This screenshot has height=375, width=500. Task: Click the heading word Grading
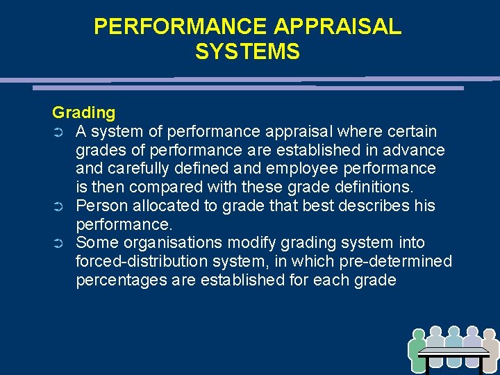point(84,112)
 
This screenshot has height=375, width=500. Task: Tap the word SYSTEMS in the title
point(248,52)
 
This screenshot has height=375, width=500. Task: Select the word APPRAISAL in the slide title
point(337,26)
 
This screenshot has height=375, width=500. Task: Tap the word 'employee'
point(302,169)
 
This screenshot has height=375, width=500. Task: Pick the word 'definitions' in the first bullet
point(373,187)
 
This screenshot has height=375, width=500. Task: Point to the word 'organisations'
point(166,243)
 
